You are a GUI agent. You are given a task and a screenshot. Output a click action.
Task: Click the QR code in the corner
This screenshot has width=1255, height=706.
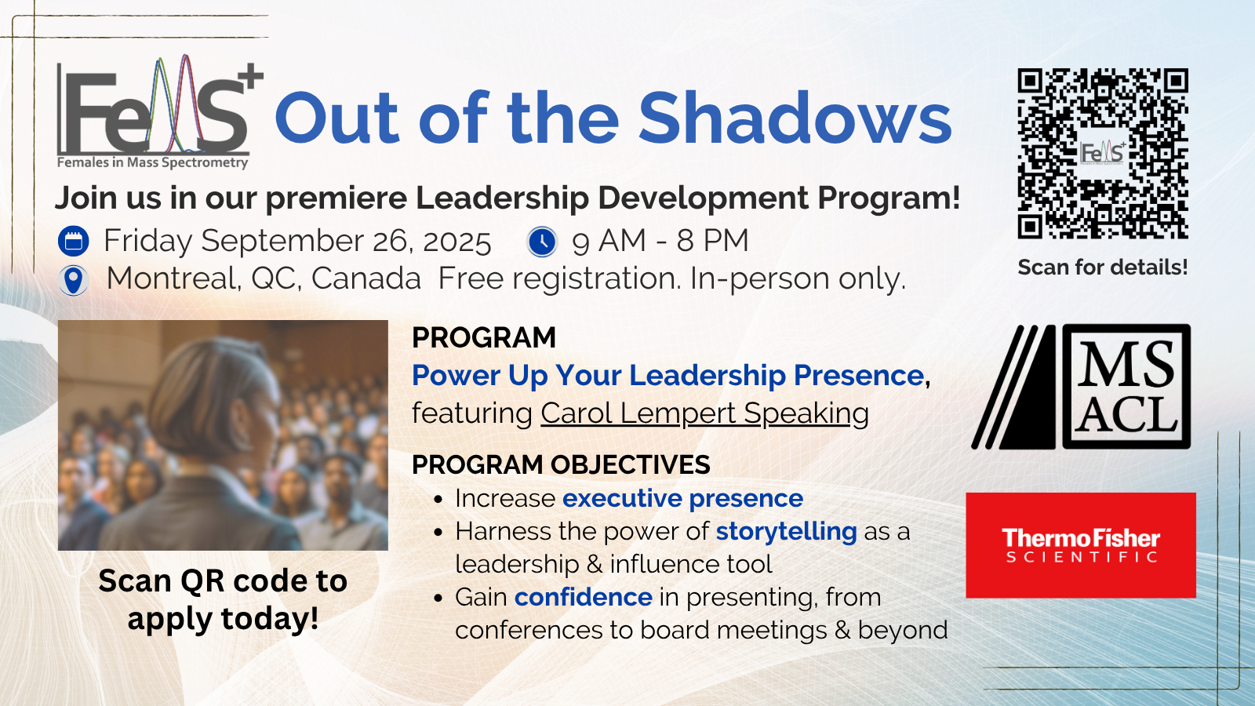[1103, 153]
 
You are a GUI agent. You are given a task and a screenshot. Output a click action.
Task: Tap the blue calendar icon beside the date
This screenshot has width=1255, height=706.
[74, 241]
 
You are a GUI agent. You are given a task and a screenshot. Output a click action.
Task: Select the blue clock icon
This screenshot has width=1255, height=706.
[542, 241]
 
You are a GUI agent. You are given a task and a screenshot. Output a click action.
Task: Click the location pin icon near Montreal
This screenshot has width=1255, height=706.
[74, 279]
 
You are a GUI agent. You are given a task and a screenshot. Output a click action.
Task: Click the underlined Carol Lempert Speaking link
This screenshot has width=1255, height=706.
[704, 413]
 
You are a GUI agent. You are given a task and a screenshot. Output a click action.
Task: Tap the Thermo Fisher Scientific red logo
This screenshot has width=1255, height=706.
[1080, 545]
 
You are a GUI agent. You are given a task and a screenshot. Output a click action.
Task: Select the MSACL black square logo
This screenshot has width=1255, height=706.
[1126, 387]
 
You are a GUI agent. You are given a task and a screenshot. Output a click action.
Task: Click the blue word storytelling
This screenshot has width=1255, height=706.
[786, 531]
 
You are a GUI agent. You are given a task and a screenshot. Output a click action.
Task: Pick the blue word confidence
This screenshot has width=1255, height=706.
[583, 597]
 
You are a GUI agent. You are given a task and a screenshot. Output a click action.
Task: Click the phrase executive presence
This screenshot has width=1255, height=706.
[682, 498]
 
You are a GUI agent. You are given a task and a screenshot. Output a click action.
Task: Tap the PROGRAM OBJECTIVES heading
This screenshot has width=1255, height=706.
[561, 464]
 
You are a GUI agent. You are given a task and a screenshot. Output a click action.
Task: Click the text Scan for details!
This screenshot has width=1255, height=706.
[1102, 267]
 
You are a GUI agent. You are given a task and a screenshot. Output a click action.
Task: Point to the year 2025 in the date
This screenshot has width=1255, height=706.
[457, 241]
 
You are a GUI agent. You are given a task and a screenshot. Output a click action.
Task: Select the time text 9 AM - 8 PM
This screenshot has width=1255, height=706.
[660, 241]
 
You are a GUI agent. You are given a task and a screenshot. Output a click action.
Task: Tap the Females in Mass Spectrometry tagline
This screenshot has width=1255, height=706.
[152, 162]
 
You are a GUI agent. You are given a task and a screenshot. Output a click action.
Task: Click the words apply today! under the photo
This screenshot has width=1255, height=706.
[223, 618]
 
